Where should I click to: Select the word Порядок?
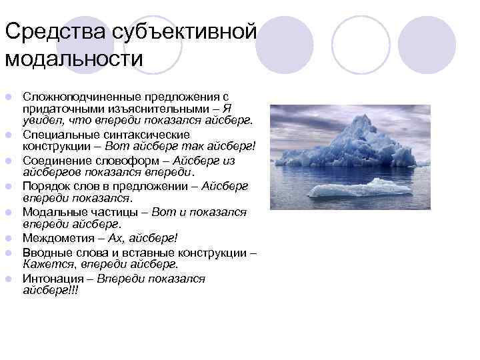[x=45, y=186]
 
